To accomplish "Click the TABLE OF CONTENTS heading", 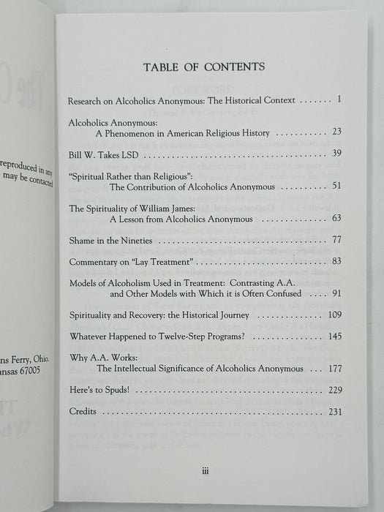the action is pyautogui.click(x=205, y=67).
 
